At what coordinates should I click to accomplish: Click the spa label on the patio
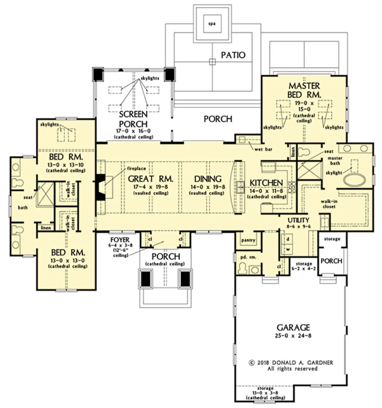coord(212,24)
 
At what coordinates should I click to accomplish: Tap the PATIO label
coord(233,55)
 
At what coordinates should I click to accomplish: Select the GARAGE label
coord(293,328)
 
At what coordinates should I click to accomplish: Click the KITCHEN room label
coord(266,183)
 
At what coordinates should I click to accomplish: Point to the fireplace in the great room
coord(101,187)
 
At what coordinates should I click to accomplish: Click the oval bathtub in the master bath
coord(354,180)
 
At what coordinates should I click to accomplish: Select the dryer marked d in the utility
coord(287,239)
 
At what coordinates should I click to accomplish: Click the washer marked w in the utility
coord(287,249)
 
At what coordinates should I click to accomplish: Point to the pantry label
coord(248,240)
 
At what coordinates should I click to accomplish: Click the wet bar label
coord(263,149)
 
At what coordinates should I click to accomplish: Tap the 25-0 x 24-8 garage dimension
coord(293,335)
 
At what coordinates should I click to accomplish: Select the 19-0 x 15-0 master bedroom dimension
coord(304,106)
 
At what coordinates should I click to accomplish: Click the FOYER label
coord(120,240)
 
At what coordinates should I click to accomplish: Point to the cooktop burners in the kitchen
coord(292,187)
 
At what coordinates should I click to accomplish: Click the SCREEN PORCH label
coord(133,119)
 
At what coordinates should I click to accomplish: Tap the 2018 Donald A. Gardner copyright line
coord(291,363)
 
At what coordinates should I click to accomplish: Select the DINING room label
coord(208,179)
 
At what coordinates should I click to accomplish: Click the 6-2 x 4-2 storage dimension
coord(304,268)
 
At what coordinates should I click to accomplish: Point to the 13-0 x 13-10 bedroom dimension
coord(65,165)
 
